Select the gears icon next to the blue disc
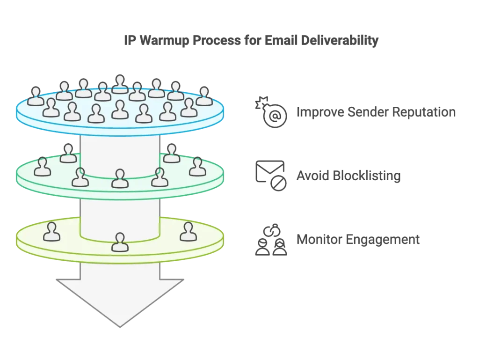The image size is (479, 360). [269, 112]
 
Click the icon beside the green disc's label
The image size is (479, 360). [270, 176]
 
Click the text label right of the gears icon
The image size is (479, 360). [376, 113]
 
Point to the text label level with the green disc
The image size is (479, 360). [348, 177]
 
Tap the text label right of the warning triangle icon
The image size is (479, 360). [359, 240]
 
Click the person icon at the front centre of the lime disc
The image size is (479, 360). [120, 242]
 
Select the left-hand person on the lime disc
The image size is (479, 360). [51, 232]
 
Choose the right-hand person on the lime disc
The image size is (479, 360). [188, 232]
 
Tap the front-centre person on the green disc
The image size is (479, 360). [120, 178]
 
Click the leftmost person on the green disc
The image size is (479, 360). [43, 167]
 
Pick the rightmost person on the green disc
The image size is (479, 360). [197, 167]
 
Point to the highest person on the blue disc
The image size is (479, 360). [120, 84]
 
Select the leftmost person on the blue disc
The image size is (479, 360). [36, 96]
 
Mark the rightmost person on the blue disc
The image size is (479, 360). [204, 96]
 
